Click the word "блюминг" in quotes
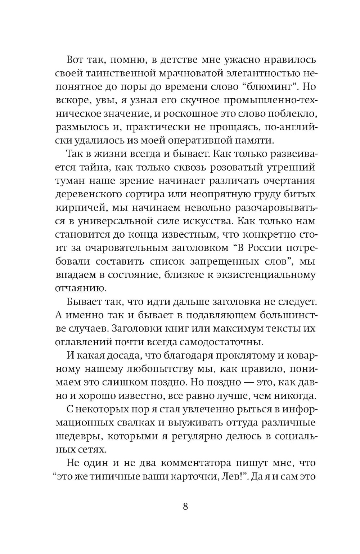(269, 87)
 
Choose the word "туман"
(69, 181)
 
